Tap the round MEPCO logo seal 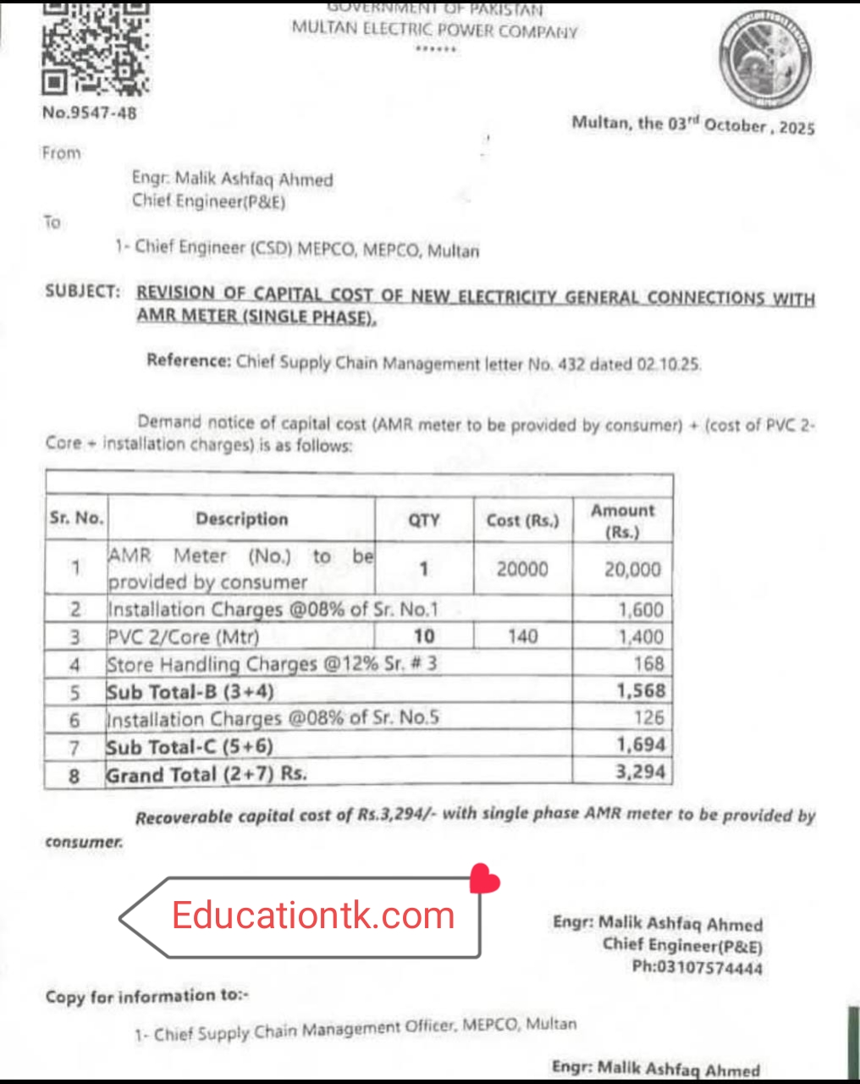tap(766, 62)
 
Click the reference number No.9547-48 tap(90, 113)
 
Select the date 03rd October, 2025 tap(741, 125)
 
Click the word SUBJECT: tap(83, 291)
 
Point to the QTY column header tap(424, 520)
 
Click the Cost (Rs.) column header tap(522, 520)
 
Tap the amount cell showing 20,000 tap(632, 569)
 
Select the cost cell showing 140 tap(522, 636)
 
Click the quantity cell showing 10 tap(424, 636)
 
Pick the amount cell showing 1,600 tap(641, 610)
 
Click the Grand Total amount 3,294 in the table tap(641, 772)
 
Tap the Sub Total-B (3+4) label tap(190, 692)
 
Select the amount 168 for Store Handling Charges tap(648, 664)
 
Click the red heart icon tap(484, 879)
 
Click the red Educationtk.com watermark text tap(313, 915)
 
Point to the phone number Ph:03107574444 tap(697, 967)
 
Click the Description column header tap(242, 519)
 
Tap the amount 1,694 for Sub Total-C tap(641, 745)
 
